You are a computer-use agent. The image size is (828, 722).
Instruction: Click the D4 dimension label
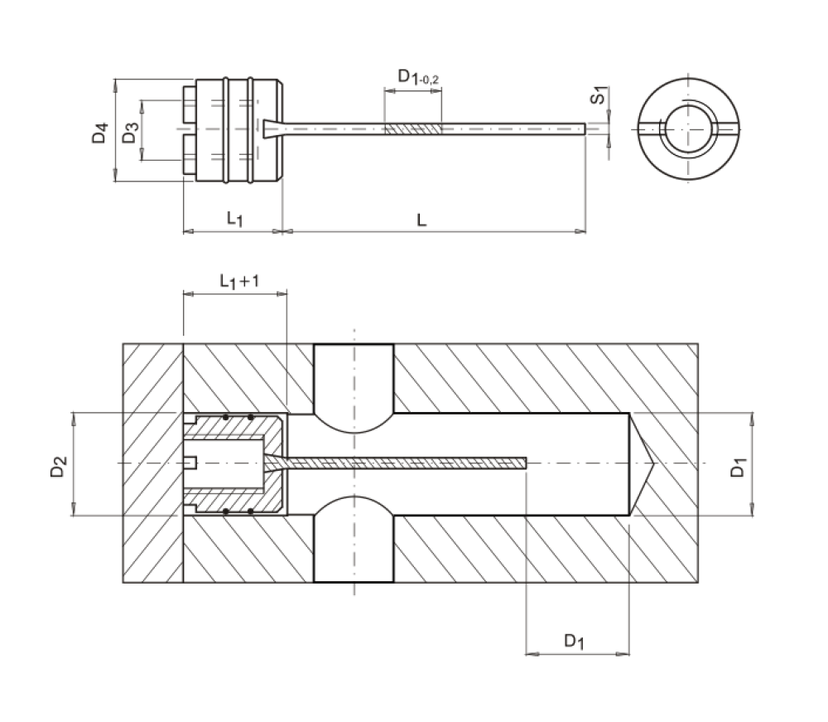click(x=100, y=132)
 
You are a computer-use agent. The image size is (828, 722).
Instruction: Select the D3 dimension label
click(x=129, y=132)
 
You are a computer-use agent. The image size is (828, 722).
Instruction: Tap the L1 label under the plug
click(x=234, y=219)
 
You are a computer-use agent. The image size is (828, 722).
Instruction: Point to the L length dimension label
click(x=421, y=219)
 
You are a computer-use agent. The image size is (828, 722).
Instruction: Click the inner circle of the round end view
click(x=687, y=128)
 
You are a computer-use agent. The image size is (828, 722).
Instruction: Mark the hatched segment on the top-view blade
click(x=412, y=129)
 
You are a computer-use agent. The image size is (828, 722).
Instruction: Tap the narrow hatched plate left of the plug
click(x=153, y=463)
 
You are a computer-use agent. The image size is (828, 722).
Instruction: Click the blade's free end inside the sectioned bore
click(x=524, y=462)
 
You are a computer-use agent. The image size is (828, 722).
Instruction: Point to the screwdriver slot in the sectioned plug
click(x=190, y=463)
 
